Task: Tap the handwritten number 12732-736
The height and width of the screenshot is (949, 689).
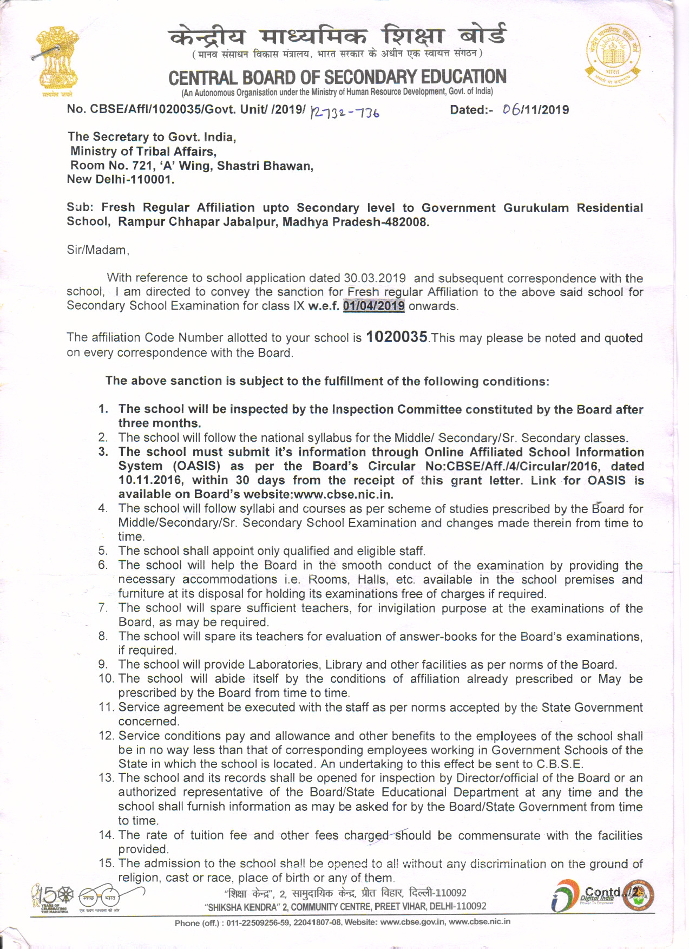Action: point(345,112)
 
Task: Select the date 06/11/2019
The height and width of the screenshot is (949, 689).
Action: point(535,110)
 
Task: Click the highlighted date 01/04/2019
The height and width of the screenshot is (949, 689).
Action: point(373,306)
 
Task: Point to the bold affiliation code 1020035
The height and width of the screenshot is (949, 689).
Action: point(397,337)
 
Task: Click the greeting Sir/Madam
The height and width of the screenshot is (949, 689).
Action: point(97,250)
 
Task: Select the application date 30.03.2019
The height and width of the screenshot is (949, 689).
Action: point(375,278)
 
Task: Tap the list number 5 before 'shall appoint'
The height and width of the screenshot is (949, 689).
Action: point(103,551)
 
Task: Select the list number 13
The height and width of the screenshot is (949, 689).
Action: point(106,778)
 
